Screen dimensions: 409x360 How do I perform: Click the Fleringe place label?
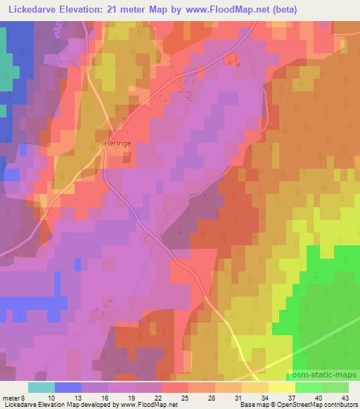pos(117,143)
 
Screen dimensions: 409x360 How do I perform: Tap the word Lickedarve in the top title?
pos(32,10)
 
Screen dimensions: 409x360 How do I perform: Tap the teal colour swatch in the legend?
pos(41,387)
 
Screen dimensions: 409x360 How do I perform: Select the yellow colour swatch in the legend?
pos(281,387)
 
